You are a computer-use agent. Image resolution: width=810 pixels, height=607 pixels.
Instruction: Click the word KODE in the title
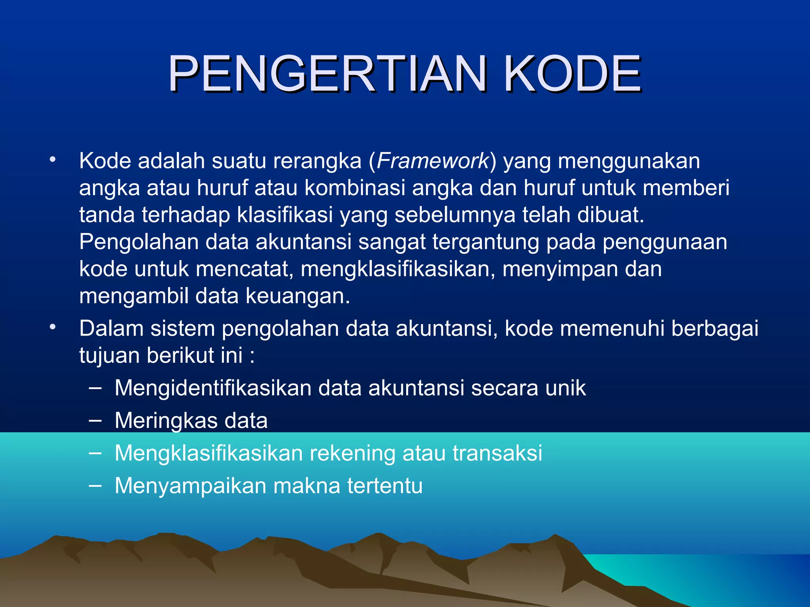pos(572,74)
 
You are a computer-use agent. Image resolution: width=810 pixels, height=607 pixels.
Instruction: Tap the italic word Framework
pos(433,161)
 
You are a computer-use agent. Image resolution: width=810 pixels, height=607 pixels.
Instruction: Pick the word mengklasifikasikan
pos(397,269)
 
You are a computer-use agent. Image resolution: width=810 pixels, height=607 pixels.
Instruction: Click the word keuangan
pos(297,296)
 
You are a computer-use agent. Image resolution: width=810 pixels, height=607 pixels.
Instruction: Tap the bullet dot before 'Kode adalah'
pos(53,160)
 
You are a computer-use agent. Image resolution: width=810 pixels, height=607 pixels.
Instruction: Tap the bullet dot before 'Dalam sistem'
pos(53,328)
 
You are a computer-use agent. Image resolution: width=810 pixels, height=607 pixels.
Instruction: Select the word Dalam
pos(111,328)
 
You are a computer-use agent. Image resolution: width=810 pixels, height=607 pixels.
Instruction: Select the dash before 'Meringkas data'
pos(95,420)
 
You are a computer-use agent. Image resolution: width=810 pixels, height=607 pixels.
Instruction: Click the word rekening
pos(352,453)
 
